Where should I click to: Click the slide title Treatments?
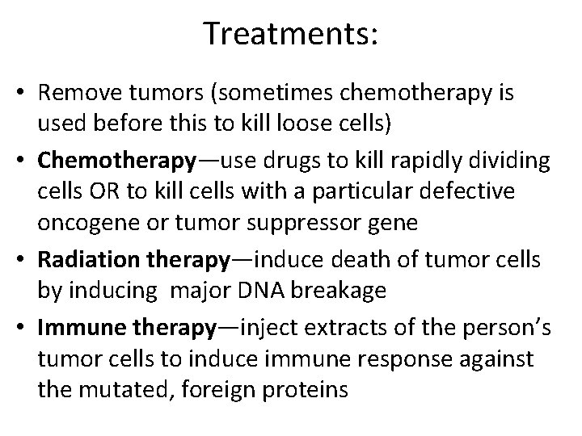(x=291, y=34)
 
